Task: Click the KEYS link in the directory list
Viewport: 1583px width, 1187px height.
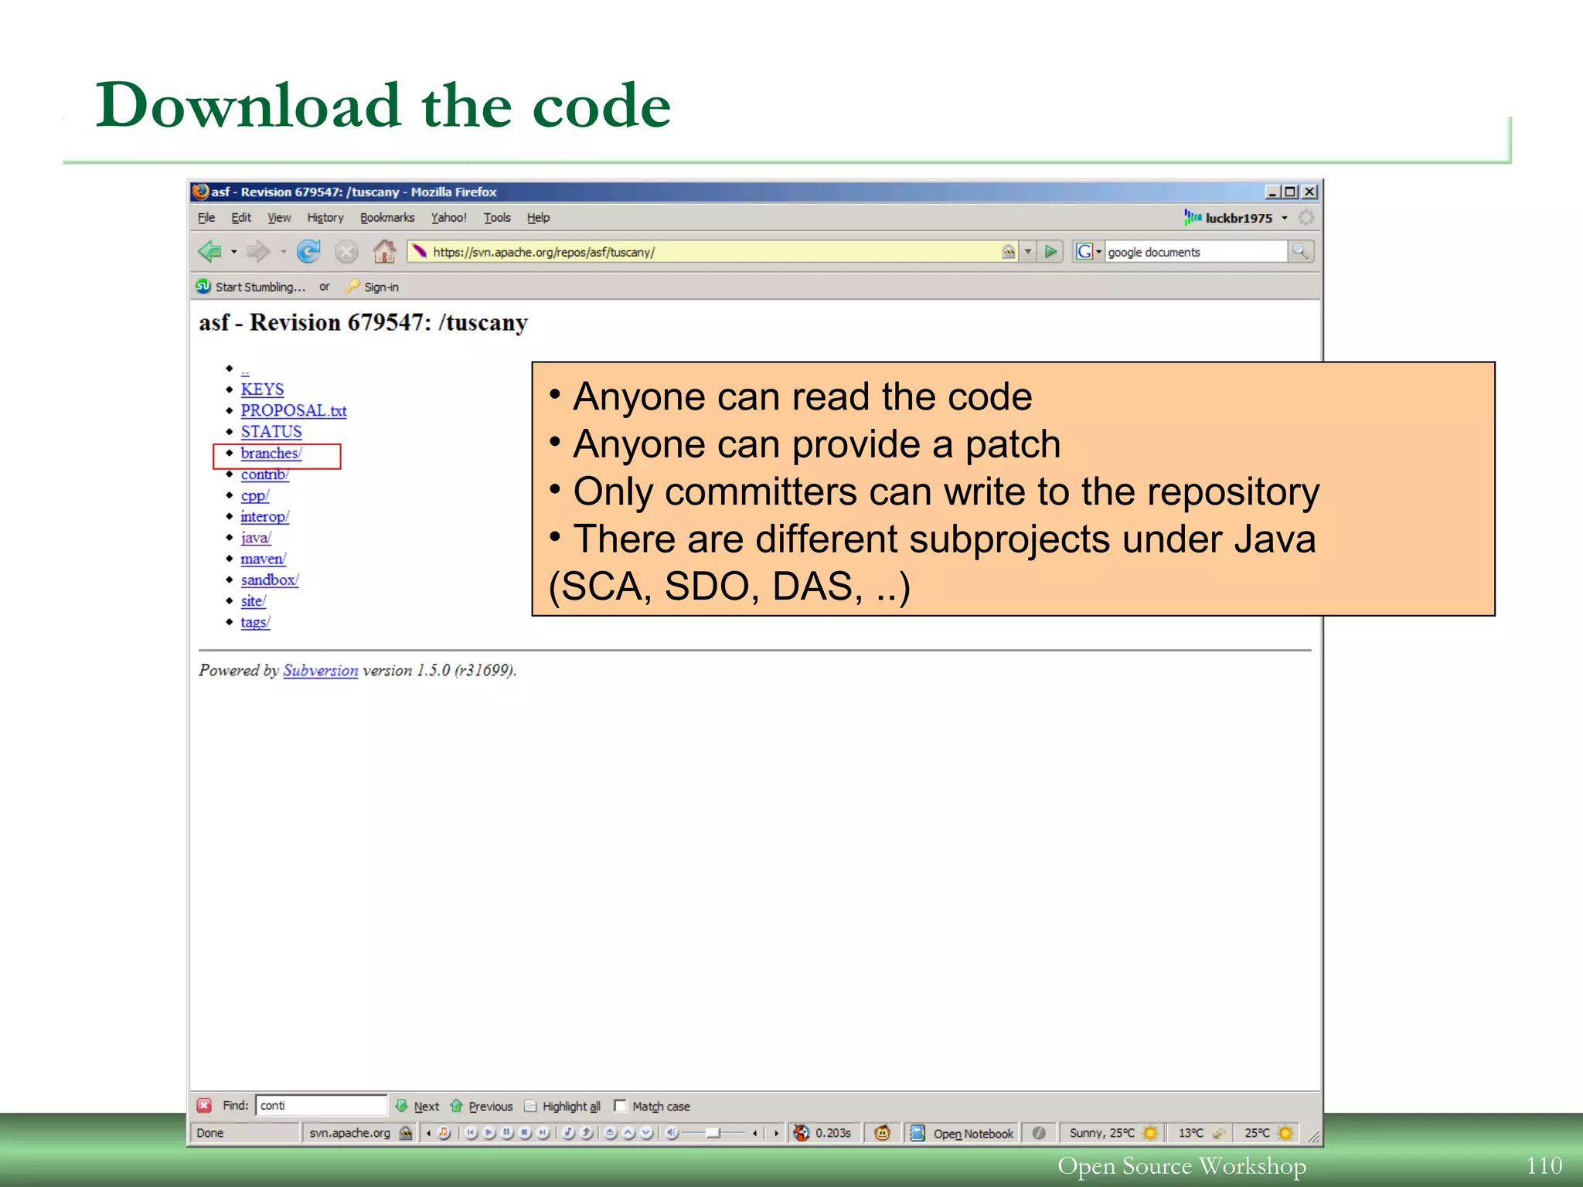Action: pos(262,389)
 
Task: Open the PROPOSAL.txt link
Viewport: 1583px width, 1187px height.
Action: pos(293,410)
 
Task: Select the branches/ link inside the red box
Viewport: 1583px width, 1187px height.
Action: pos(271,454)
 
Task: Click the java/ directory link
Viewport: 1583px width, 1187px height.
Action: pos(255,538)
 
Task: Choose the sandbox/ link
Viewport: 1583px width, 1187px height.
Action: pos(269,580)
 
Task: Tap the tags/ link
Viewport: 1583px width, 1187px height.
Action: pos(255,622)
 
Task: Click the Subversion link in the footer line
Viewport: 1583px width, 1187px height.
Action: pos(320,670)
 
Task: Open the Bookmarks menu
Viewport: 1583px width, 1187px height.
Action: pos(387,218)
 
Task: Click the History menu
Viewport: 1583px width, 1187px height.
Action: pos(325,218)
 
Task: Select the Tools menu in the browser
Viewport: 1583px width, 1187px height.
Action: pos(497,218)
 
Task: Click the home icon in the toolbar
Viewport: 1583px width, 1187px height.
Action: pos(384,251)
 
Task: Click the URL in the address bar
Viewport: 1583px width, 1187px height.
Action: pos(543,252)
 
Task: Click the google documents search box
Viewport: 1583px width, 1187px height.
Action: pos(1194,252)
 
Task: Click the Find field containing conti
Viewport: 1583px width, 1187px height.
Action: pos(321,1106)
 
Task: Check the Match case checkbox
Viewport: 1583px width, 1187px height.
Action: pos(620,1106)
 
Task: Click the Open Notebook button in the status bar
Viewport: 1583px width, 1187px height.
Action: pos(972,1134)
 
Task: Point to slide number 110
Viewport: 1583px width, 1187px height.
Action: pos(1544,1165)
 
